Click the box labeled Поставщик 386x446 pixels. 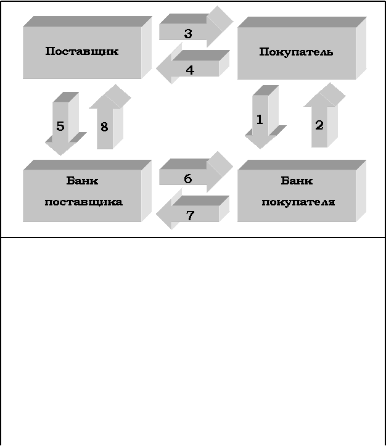click(82, 52)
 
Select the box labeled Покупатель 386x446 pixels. click(297, 52)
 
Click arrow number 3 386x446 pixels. click(194, 31)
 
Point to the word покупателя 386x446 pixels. click(298, 202)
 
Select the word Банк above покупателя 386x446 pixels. click(297, 181)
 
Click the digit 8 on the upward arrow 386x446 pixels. click(104, 127)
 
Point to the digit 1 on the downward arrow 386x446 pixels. click(260, 120)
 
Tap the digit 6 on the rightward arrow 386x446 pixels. click(187, 179)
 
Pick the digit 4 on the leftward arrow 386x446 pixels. click(190, 70)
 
